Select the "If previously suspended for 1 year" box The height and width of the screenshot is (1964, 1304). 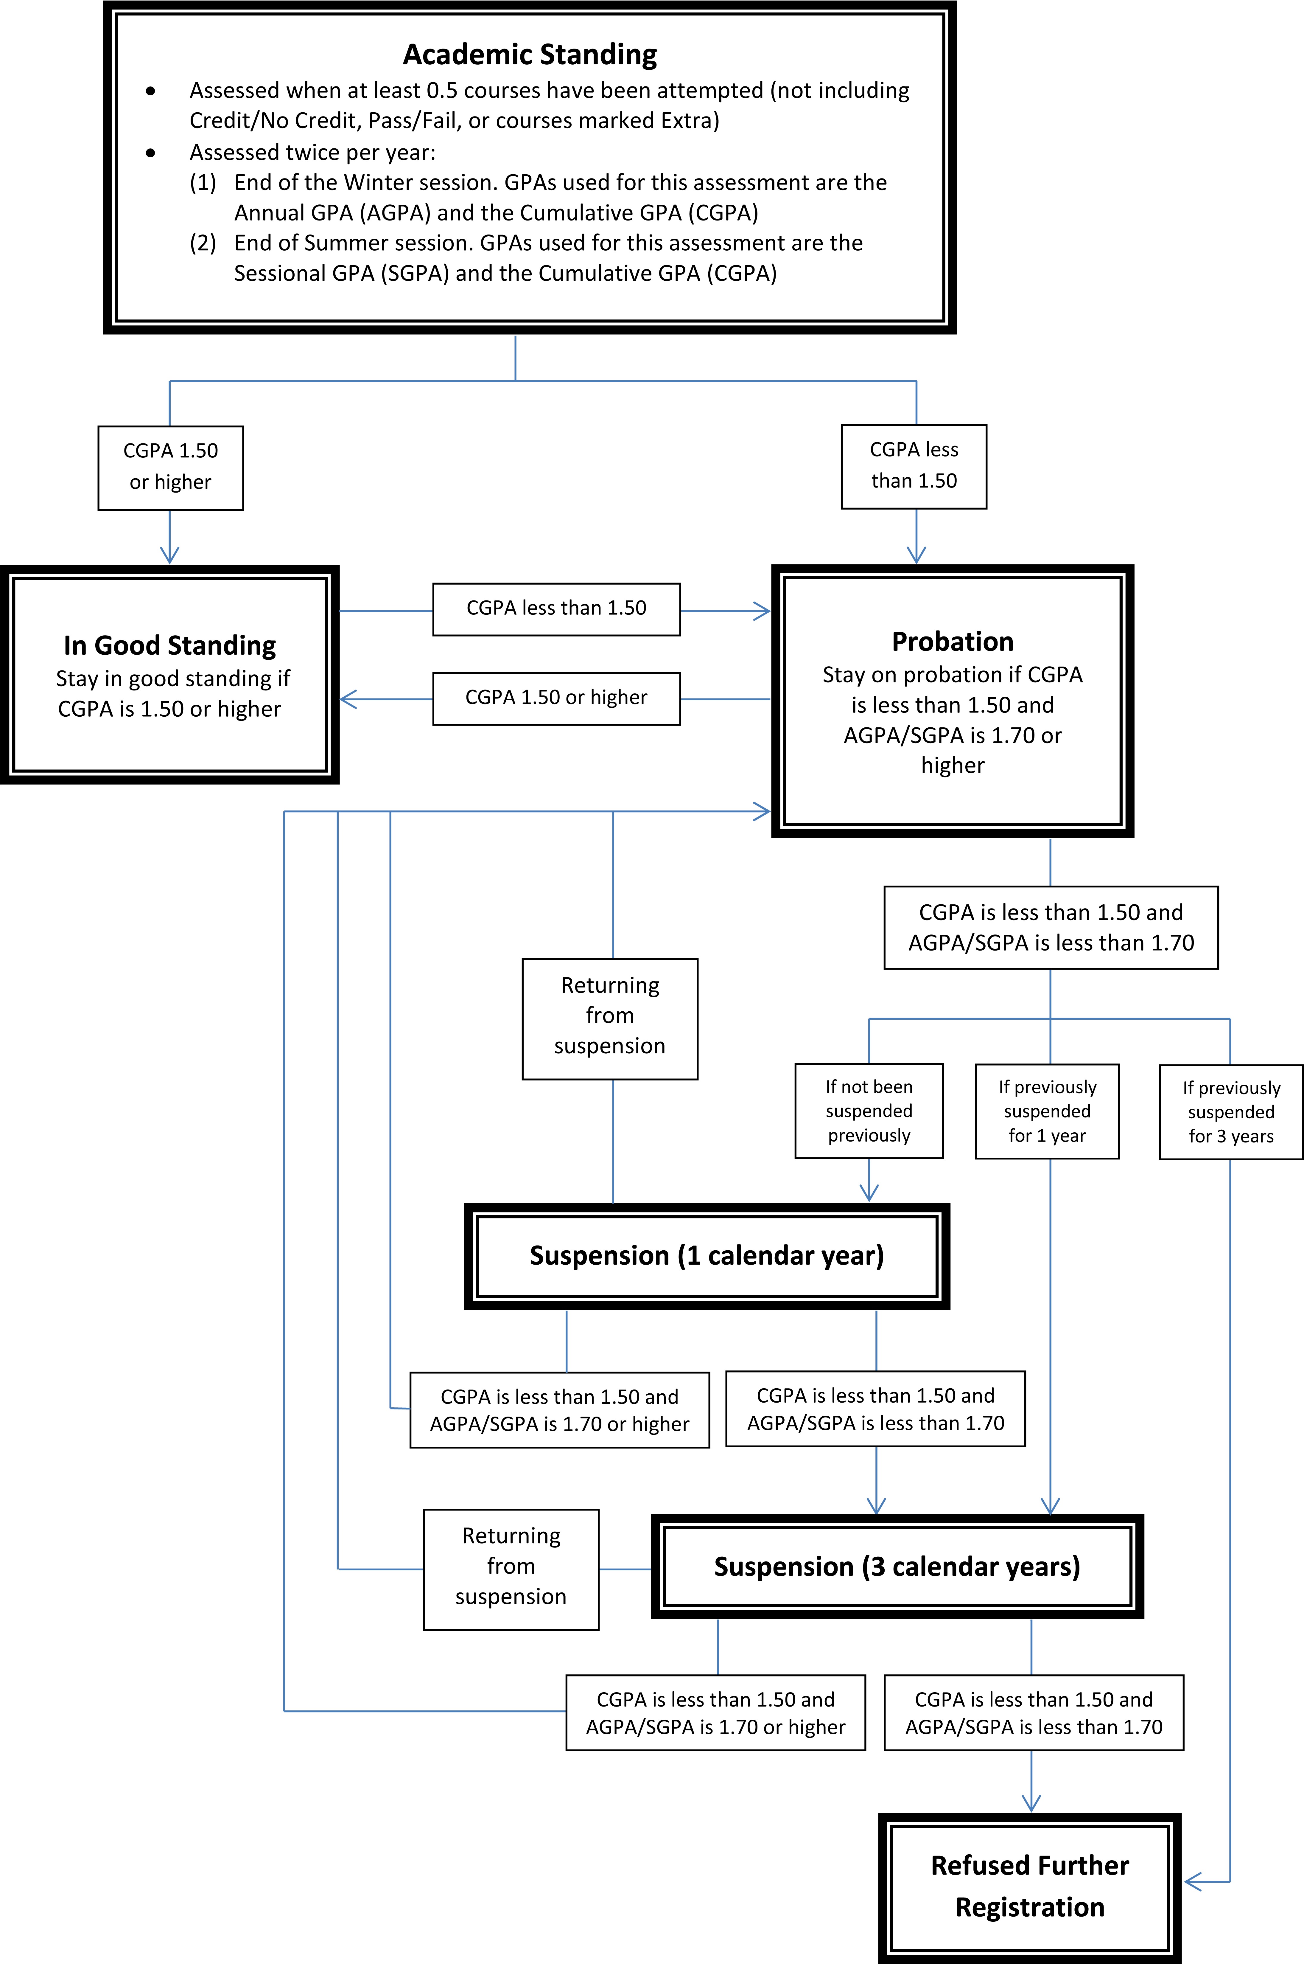1047,1111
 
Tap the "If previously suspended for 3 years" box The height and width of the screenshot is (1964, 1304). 1231,1112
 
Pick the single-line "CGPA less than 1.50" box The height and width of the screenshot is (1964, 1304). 556,609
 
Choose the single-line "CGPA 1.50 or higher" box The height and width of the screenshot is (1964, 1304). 556,698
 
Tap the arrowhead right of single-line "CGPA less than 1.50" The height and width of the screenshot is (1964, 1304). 763,611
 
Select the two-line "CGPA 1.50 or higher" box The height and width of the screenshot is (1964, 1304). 170,468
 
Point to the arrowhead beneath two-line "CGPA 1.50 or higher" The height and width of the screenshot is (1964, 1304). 170,557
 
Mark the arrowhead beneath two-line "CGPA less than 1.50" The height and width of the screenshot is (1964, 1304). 916,557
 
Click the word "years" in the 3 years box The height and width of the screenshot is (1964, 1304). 1252,1136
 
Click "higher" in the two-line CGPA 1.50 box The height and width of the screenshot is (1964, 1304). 183,482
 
